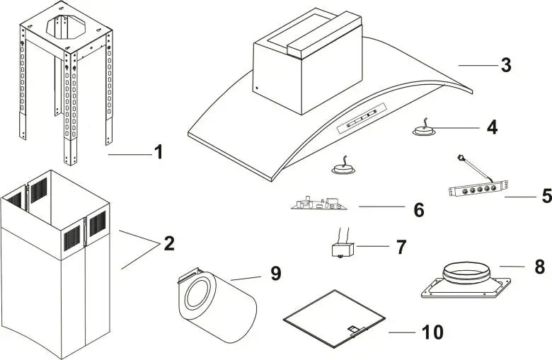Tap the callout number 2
[168, 244]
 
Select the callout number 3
[505, 65]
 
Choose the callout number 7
[401, 247]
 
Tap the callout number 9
[276, 274]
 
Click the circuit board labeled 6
[318, 204]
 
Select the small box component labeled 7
[343, 250]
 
